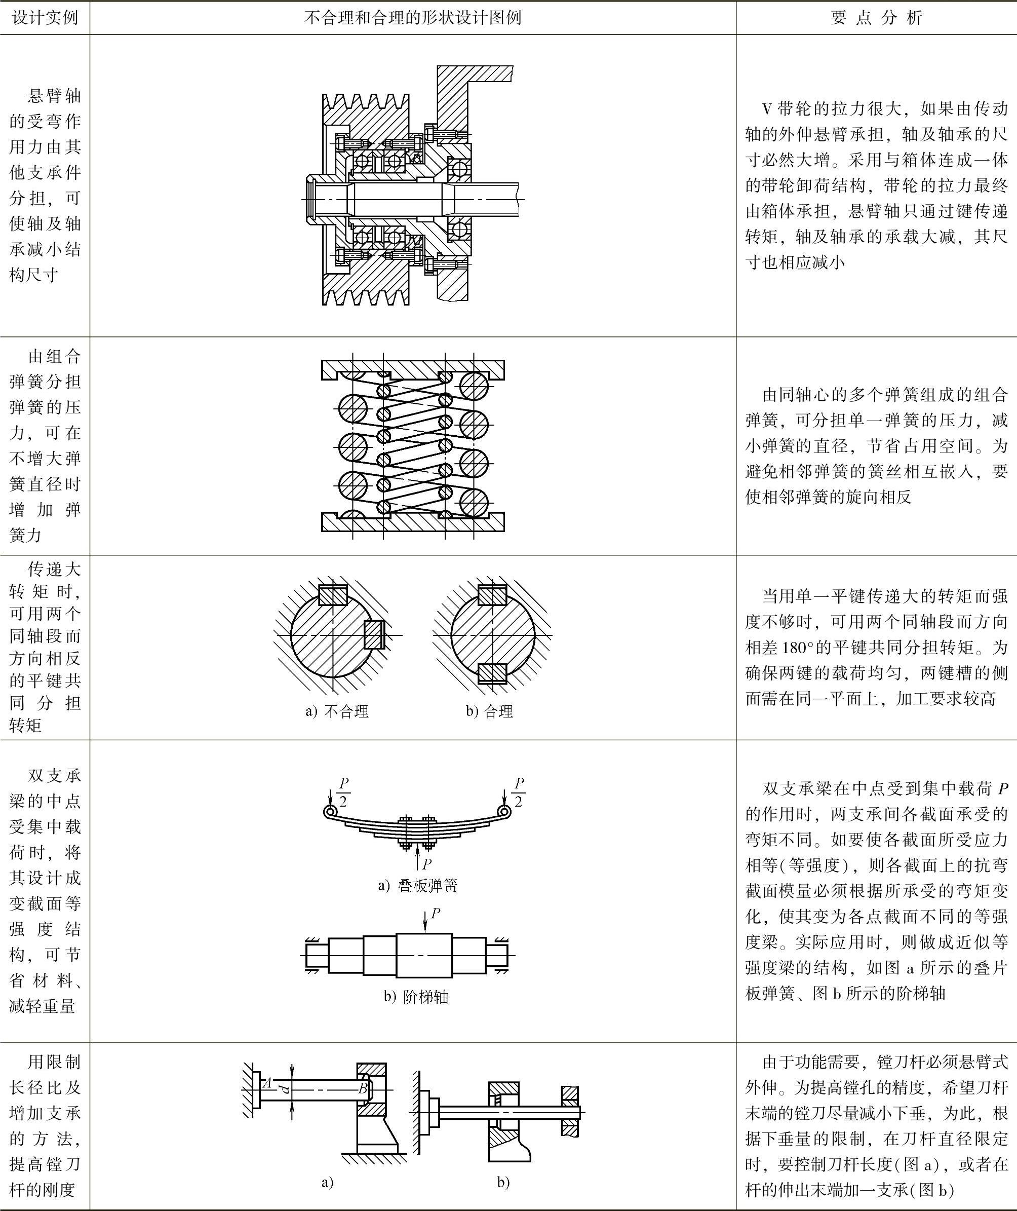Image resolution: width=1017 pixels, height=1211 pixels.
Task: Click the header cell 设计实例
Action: (45, 18)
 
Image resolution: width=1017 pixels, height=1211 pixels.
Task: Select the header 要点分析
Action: (876, 18)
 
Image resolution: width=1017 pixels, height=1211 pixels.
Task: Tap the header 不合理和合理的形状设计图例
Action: (413, 18)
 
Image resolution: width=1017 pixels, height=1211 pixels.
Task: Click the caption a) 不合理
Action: (337, 711)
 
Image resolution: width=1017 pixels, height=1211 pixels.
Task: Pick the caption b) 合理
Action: (489, 711)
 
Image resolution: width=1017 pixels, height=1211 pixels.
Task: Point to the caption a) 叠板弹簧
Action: (418, 886)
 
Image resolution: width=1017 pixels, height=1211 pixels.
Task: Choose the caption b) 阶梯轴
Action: (416, 997)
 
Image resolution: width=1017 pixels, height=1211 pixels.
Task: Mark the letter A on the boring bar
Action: (267, 1083)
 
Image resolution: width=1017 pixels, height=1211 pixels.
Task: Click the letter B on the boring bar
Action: (363, 1088)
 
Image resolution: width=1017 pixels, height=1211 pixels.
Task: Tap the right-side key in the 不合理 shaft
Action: (374, 635)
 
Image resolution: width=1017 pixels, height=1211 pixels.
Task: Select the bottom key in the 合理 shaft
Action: (493, 673)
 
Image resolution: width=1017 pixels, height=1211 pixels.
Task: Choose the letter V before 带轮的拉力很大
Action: (767, 109)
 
